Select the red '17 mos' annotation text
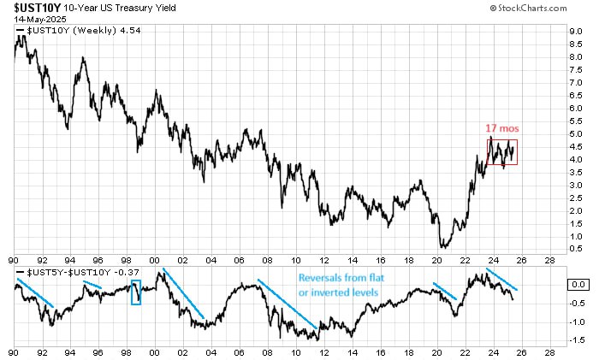(501, 128)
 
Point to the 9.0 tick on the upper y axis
(577, 32)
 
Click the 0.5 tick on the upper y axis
(577, 249)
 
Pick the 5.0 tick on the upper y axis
(577, 134)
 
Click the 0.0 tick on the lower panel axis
(577, 283)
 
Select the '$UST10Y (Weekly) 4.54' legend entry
(73, 32)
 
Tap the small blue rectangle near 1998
(135, 292)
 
